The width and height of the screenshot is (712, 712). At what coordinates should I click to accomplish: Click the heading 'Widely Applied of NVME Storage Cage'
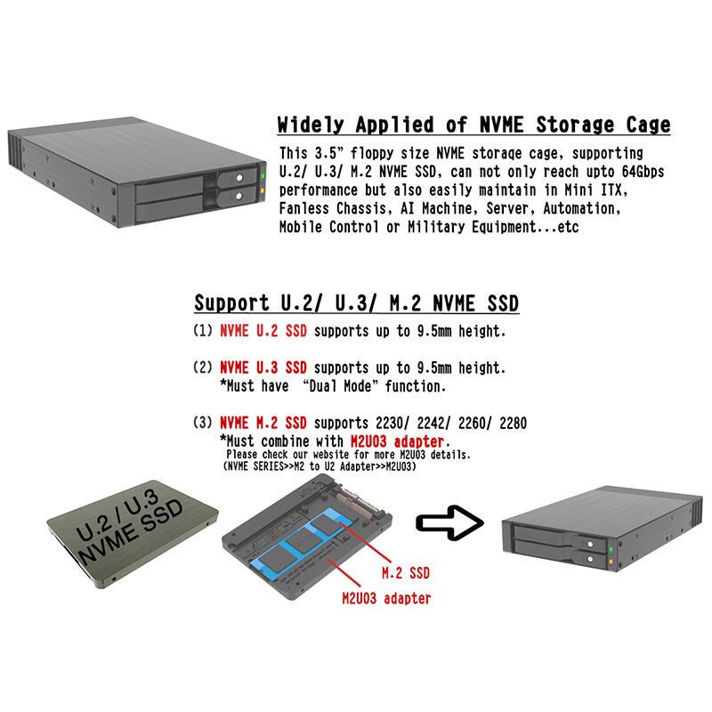point(473,125)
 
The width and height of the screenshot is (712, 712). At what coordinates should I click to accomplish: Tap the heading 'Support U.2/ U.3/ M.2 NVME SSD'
point(357,303)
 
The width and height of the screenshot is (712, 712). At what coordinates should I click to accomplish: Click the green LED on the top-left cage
point(263,175)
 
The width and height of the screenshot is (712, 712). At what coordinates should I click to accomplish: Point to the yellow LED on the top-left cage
point(263,191)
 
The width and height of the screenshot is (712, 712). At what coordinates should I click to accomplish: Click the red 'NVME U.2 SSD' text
point(263,330)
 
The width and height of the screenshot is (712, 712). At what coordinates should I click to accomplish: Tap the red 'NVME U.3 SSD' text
point(263,368)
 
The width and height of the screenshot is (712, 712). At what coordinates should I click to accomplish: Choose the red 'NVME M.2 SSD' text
point(263,423)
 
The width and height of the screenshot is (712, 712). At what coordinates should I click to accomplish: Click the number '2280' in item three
point(514,424)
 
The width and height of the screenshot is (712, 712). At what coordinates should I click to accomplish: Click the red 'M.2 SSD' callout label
point(406,573)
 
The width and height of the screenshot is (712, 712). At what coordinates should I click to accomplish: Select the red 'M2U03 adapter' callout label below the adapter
point(386,598)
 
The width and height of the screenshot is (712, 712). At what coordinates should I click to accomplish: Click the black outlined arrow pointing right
point(449,523)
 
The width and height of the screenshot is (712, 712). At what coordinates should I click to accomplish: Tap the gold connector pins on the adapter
point(361,503)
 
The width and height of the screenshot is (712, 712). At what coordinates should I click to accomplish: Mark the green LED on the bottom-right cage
point(611,549)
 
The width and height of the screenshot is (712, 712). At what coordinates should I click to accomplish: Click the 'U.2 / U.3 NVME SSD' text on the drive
point(129,526)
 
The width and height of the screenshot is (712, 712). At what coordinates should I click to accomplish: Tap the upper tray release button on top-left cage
point(239,178)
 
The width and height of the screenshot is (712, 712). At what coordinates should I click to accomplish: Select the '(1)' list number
point(203,330)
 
